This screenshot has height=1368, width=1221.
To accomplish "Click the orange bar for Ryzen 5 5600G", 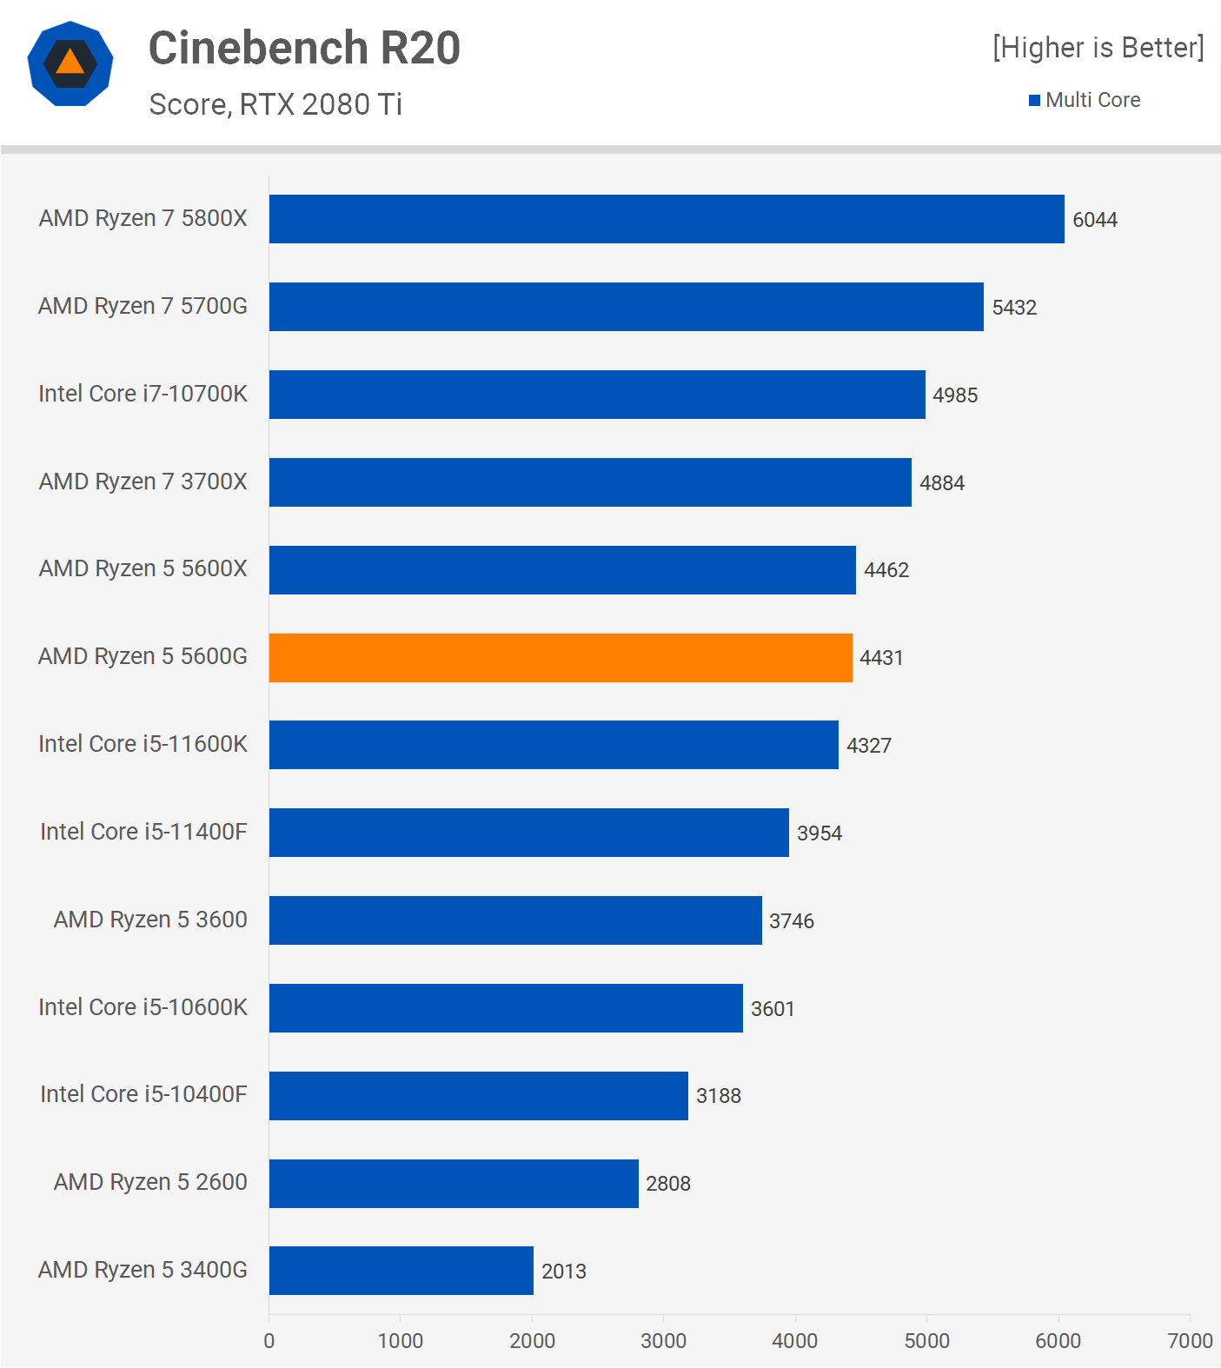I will (561, 658).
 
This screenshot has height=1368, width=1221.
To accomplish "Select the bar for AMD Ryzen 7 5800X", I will (667, 219).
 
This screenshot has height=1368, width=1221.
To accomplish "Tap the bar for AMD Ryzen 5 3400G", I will (401, 1271).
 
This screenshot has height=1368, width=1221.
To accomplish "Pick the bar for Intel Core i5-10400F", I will (478, 1096).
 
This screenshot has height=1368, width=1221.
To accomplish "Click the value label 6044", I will (1094, 220).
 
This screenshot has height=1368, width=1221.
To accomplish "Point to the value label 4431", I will (881, 658).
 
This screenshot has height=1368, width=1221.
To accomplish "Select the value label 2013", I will (563, 1272).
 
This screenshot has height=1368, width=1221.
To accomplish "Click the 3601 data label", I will (773, 1009).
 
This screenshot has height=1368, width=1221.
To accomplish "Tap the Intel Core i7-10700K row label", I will (143, 394).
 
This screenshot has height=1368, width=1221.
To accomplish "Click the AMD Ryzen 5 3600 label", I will (150, 920).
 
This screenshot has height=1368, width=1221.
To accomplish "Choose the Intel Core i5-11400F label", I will (143, 832).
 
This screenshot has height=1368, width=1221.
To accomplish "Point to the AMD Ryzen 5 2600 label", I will (150, 1182).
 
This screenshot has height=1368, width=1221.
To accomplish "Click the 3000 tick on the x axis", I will (663, 1341).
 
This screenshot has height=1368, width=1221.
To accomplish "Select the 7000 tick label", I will (1189, 1341).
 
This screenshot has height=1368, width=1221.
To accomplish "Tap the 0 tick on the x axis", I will (269, 1341).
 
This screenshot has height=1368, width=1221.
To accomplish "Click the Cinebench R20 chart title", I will (304, 48).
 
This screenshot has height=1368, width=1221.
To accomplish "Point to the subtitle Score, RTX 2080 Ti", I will (275, 104).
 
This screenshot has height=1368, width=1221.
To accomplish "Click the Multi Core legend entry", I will (1085, 100).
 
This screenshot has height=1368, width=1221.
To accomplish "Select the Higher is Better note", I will (1098, 48).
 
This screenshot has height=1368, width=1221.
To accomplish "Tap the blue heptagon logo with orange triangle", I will (70, 63).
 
